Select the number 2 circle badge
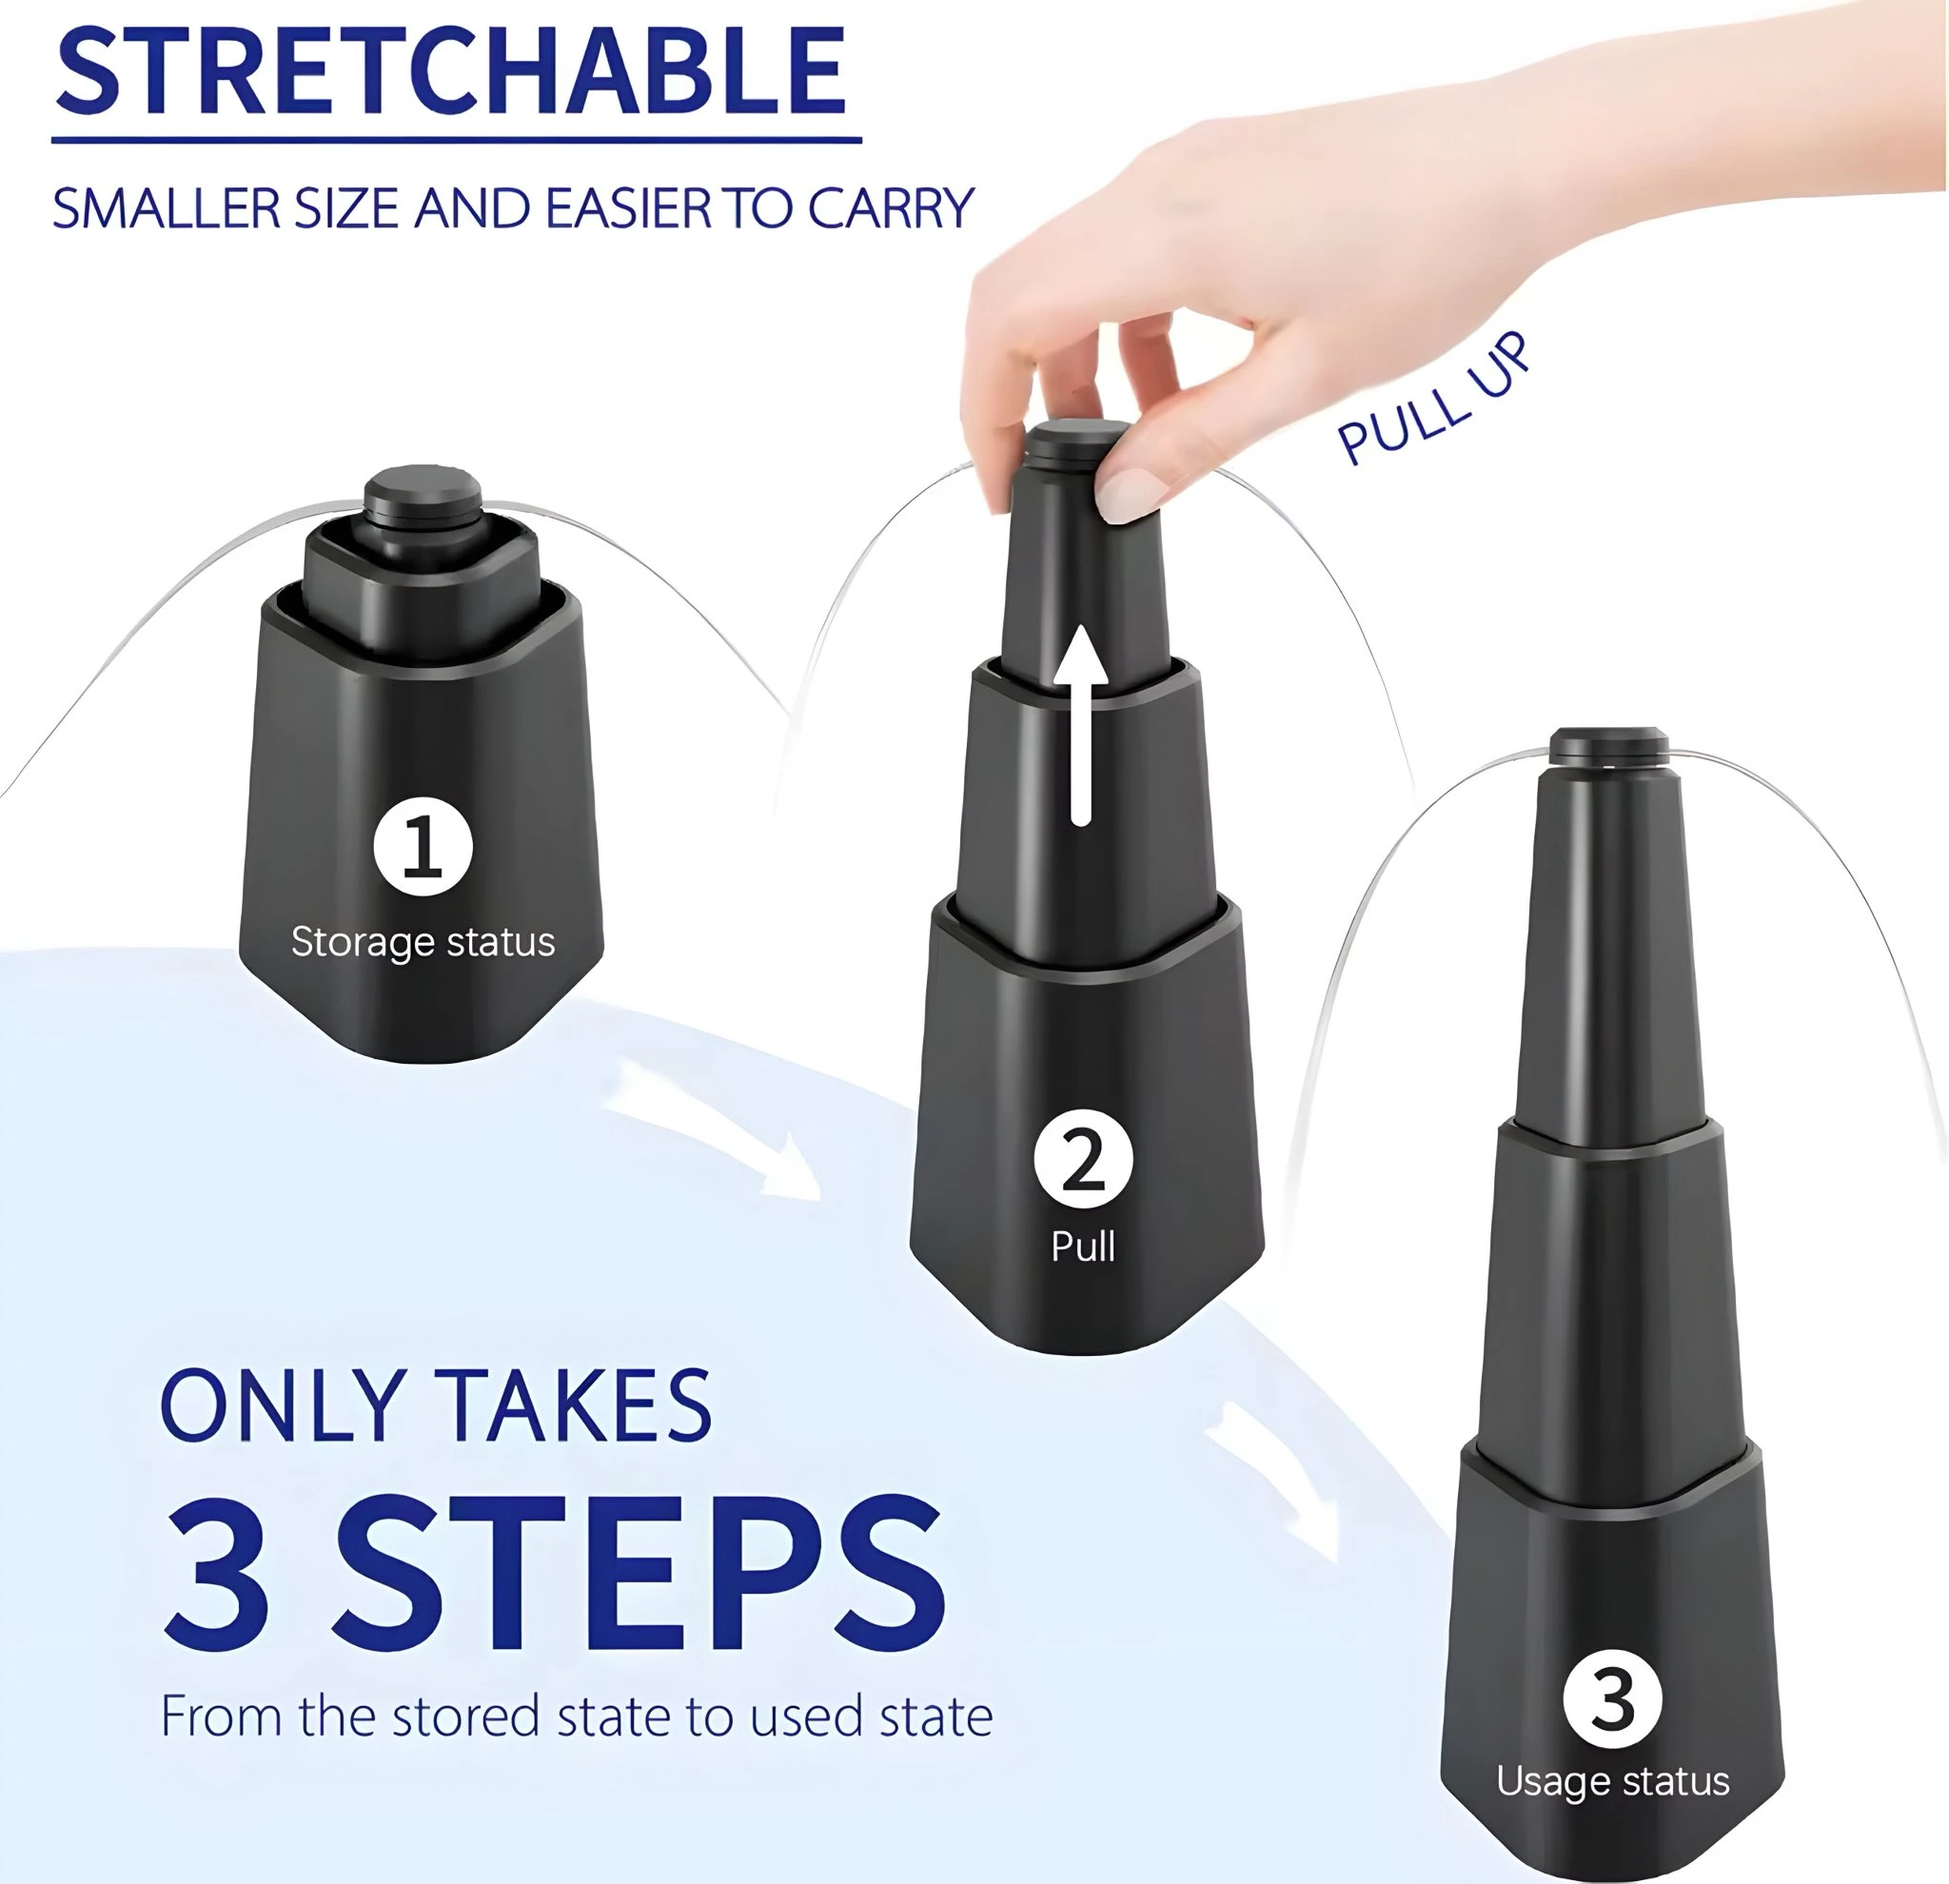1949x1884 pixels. [1083, 1159]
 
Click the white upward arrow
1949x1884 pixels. [1081, 731]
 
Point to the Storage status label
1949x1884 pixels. [423, 941]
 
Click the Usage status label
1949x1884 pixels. [1613, 1780]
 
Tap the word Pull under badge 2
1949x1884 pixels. [1083, 1246]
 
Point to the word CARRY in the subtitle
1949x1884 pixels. [890, 208]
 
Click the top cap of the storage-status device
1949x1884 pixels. [423, 489]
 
